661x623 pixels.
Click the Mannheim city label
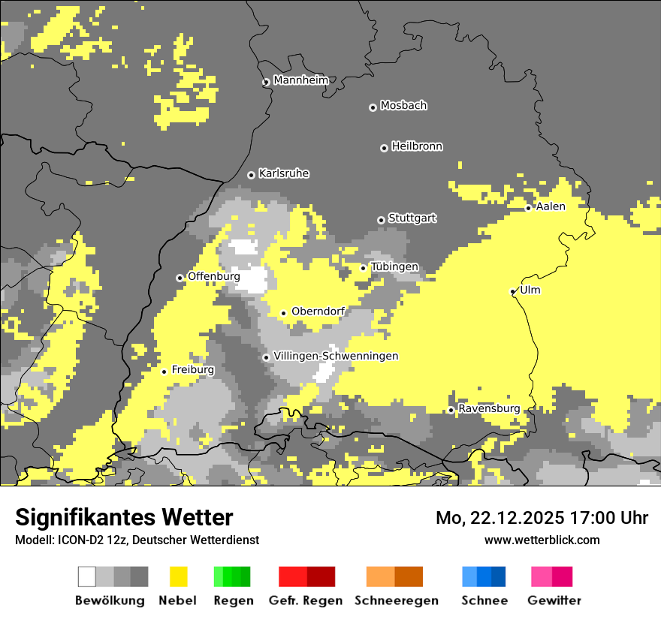click(301, 80)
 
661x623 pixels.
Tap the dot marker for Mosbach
click(373, 107)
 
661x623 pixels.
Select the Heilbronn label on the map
click(417, 146)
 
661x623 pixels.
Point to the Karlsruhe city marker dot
click(251, 175)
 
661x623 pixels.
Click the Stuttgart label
click(412, 218)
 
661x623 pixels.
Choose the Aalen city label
click(551, 206)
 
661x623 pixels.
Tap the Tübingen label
click(394, 267)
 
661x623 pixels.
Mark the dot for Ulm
click(513, 291)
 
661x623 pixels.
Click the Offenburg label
click(213, 276)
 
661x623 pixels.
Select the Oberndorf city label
click(318, 311)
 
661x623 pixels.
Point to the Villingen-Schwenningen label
click(336, 356)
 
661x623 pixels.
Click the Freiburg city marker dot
click(164, 372)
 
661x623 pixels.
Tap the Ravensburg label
click(489, 408)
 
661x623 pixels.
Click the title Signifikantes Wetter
click(124, 518)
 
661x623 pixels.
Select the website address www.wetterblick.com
click(542, 540)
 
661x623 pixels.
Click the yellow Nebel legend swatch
click(178, 576)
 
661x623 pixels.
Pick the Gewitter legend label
click(554, 600)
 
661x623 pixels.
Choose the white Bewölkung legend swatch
click(87, 576)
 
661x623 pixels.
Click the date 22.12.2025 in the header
click(517, 518)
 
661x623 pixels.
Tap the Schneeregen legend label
click(396, 600)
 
